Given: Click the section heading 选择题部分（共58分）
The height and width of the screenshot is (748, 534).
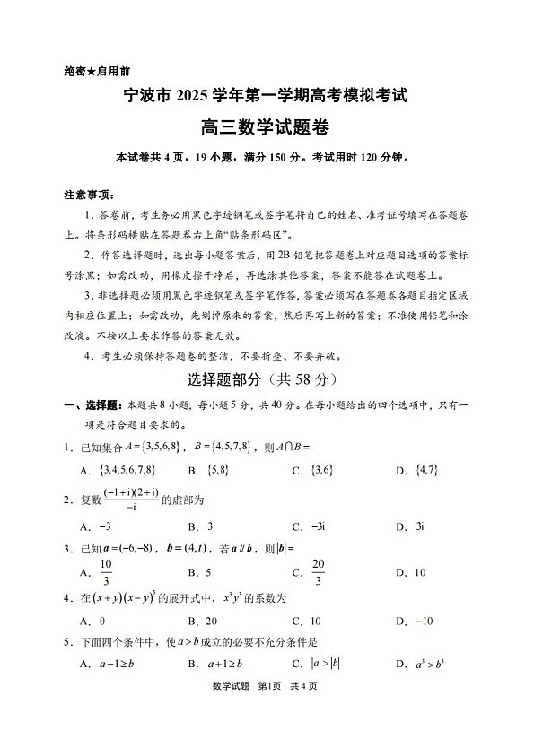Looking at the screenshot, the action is pyautogui.click(x=267, y=379).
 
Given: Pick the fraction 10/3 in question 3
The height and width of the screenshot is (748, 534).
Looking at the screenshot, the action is pyautogui.click(x=105, y=571).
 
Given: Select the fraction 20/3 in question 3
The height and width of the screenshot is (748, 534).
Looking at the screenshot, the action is pyautogui.click(x=316, y=571).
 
